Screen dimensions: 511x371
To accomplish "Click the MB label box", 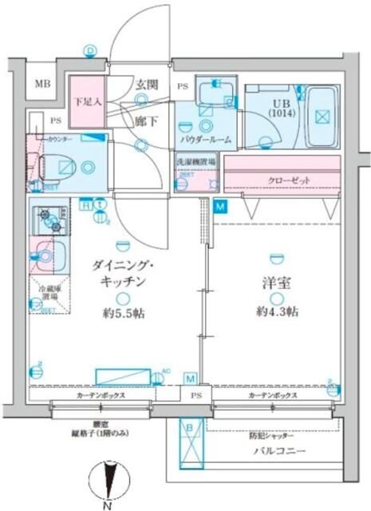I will pos(39,84).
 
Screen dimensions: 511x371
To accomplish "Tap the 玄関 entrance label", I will pos(144,84).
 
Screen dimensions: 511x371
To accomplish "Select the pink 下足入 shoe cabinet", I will pos(86,102).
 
